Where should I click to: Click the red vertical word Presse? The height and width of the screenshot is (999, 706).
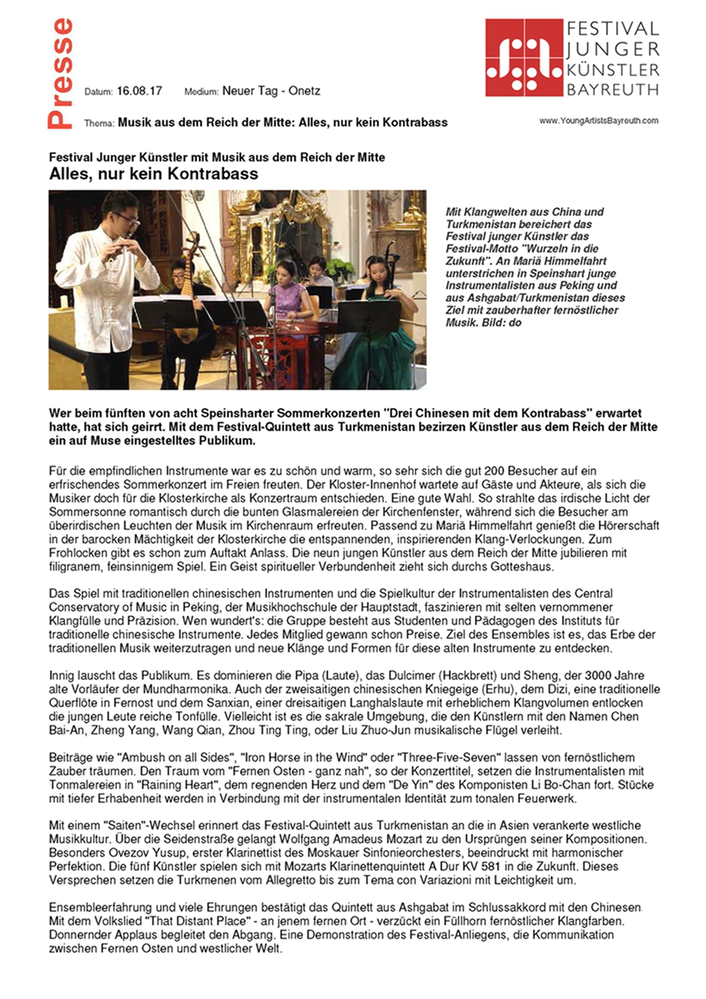(60, 73)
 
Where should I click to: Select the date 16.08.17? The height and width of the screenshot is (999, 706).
(139, 91)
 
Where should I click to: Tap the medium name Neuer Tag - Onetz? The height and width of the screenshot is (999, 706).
(271, 91)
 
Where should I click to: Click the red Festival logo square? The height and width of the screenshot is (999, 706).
(524, 57)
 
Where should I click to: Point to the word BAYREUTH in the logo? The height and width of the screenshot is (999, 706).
(613, 89)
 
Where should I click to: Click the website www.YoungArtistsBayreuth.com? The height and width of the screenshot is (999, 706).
(599, 121)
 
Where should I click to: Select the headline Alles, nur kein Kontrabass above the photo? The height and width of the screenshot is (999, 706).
(154, 174)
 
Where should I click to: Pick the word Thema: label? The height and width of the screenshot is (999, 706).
(99, 123)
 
